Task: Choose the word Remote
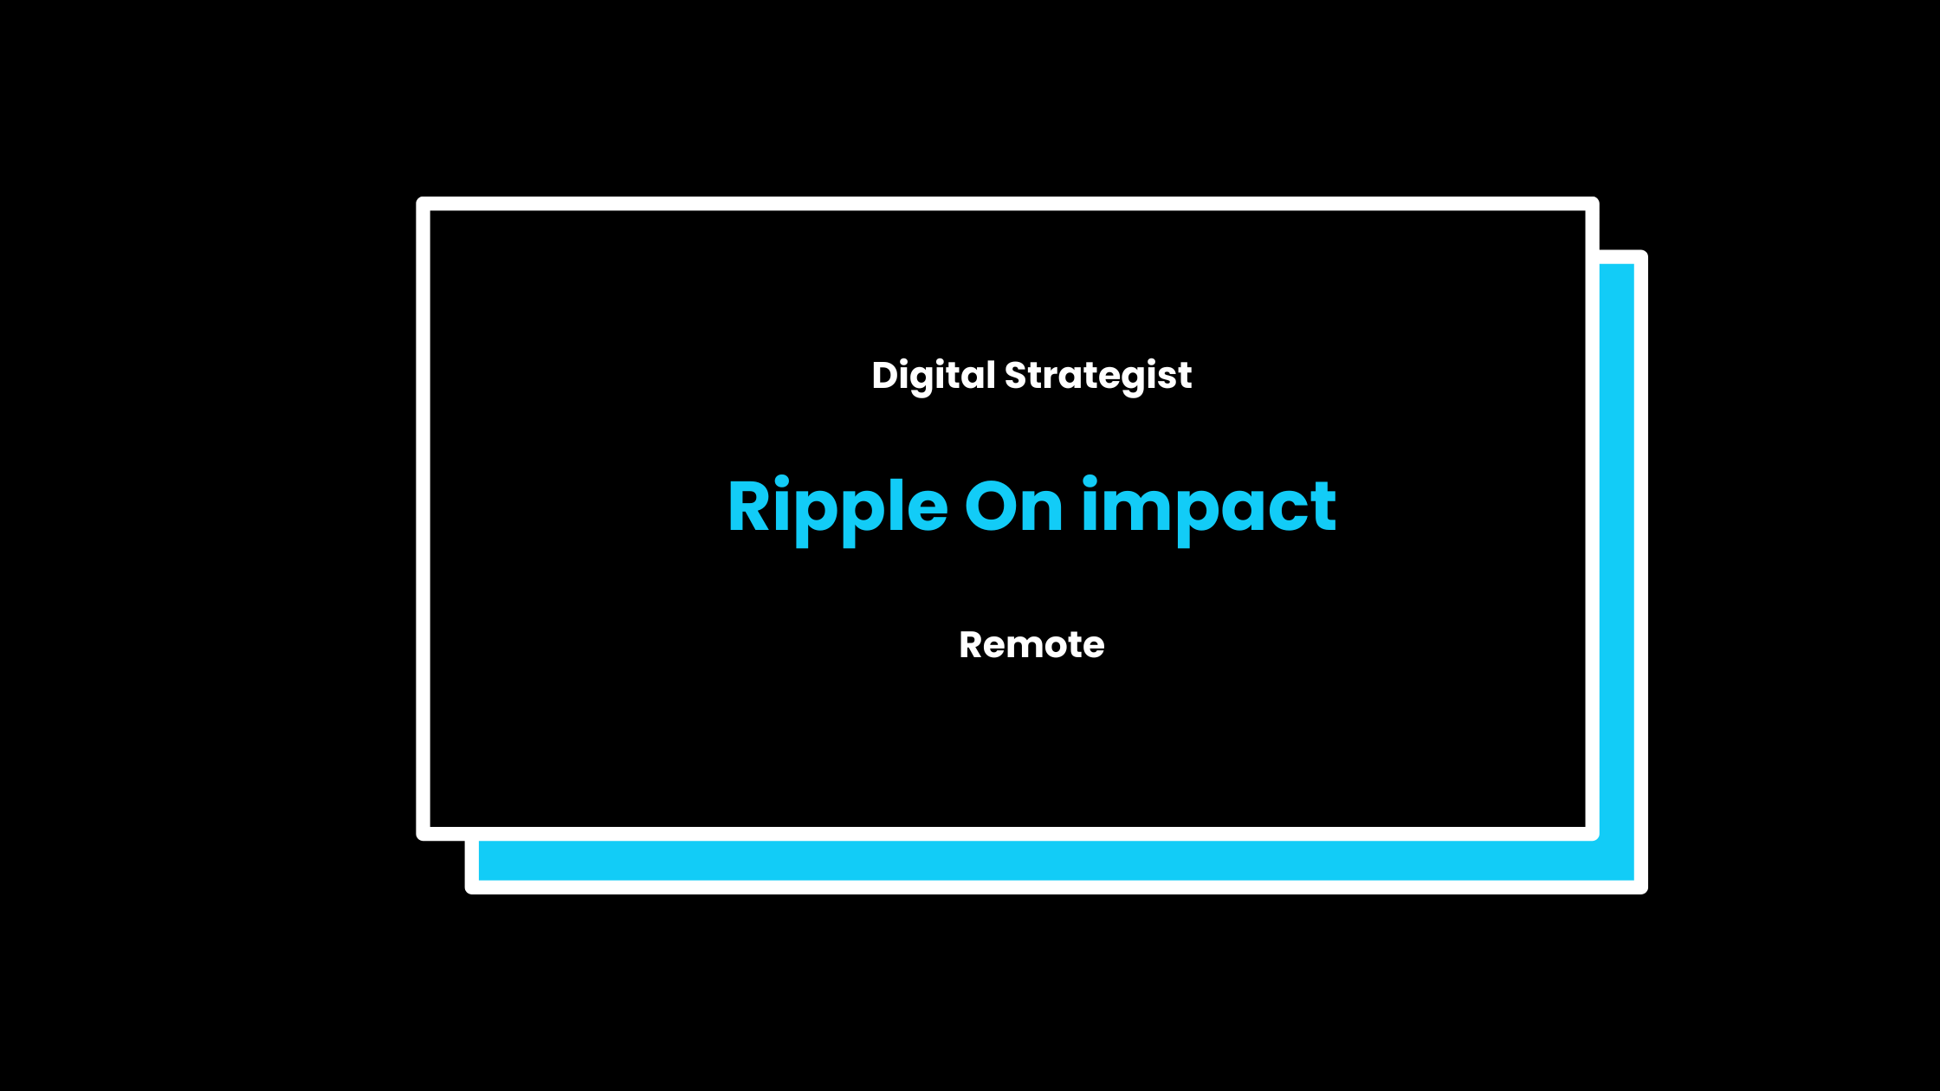coord(1031,645)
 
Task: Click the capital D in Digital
coord(887,376)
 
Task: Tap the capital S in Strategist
coord(1016,376)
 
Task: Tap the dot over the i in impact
coord(1090,481)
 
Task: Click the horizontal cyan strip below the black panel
coord(1057,860)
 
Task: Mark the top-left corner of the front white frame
coord(417,198)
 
